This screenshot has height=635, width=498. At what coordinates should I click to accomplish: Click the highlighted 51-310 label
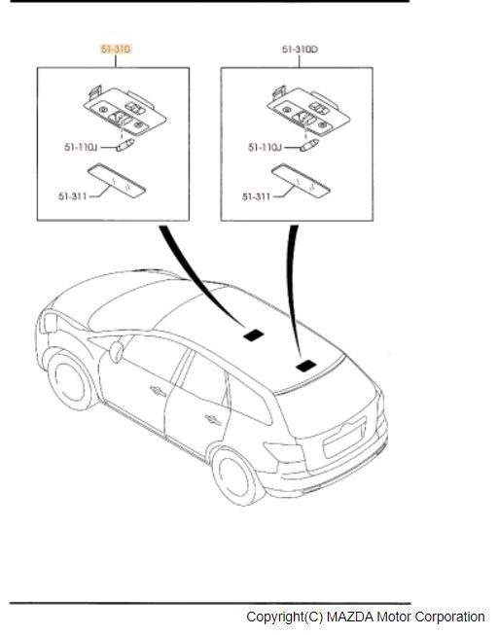coord(116,50)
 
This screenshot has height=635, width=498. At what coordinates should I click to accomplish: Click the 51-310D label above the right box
coord(300,50)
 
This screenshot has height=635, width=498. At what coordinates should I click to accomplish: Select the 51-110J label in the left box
coord(81,147)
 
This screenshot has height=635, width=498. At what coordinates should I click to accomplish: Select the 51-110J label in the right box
coord(265,147)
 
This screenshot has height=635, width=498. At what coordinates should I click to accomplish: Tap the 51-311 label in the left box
coord(73,196)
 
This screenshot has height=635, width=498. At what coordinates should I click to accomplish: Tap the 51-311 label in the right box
coord(256,196)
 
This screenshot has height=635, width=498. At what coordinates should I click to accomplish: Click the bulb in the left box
coord(125,145)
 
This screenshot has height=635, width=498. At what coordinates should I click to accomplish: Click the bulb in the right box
coord(309,145)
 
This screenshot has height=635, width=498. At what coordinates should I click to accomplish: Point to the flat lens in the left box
coord(117,180)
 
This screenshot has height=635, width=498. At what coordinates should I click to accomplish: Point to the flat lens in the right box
coord(301,180)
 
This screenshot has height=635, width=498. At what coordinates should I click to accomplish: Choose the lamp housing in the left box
coord(124,110)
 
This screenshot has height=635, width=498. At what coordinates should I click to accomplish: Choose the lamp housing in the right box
coord(308,110)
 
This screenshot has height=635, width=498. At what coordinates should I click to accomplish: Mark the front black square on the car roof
coord(254,335)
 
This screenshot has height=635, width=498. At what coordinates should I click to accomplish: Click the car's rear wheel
coord(235,476)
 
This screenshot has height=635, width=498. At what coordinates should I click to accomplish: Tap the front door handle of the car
coord(158,391)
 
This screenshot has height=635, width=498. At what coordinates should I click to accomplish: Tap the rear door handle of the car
coord(213,420)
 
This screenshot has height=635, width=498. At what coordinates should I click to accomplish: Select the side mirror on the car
coord(117,351)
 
